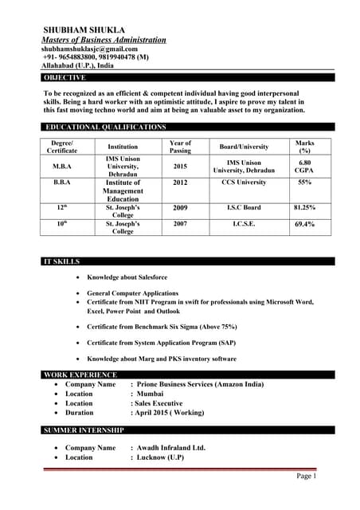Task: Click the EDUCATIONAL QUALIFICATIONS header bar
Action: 105,127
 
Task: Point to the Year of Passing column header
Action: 181,146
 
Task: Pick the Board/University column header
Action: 244,147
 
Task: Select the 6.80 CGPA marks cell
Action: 304,167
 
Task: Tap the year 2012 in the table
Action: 181,182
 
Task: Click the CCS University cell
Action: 244,182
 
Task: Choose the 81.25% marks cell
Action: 304,208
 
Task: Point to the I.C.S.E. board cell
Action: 244,225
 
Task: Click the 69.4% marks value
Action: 304,225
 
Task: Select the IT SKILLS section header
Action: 61,261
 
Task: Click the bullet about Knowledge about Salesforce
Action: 132,279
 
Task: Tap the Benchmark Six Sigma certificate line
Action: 162,328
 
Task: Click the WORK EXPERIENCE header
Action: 80,375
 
